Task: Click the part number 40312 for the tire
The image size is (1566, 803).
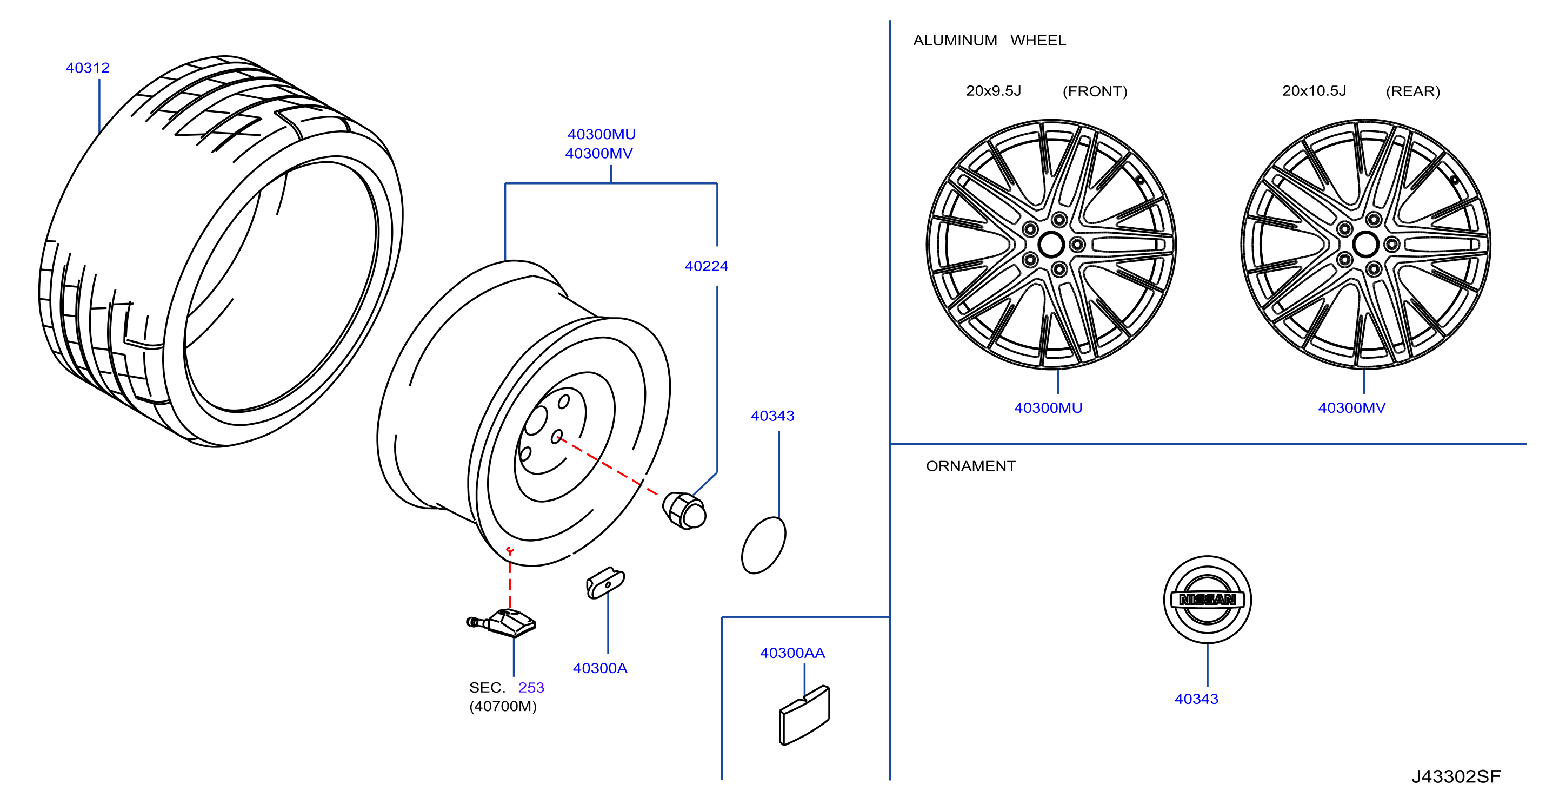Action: tap(88, 68)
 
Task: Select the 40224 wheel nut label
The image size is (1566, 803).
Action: tap(706, 266)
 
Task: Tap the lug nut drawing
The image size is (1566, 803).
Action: tap(684, 510)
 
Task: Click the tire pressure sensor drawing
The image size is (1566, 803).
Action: tap(501, 622)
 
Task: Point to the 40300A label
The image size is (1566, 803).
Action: tap(599, 668)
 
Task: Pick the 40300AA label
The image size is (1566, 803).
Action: tap(792, 653)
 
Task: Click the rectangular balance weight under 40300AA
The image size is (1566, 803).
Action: tap(804, 715)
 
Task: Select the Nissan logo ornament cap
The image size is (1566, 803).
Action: tap(1207, 599)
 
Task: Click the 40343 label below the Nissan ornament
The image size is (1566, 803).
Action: tap(1196, 699)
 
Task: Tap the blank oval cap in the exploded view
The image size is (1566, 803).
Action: tap(764, 545)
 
